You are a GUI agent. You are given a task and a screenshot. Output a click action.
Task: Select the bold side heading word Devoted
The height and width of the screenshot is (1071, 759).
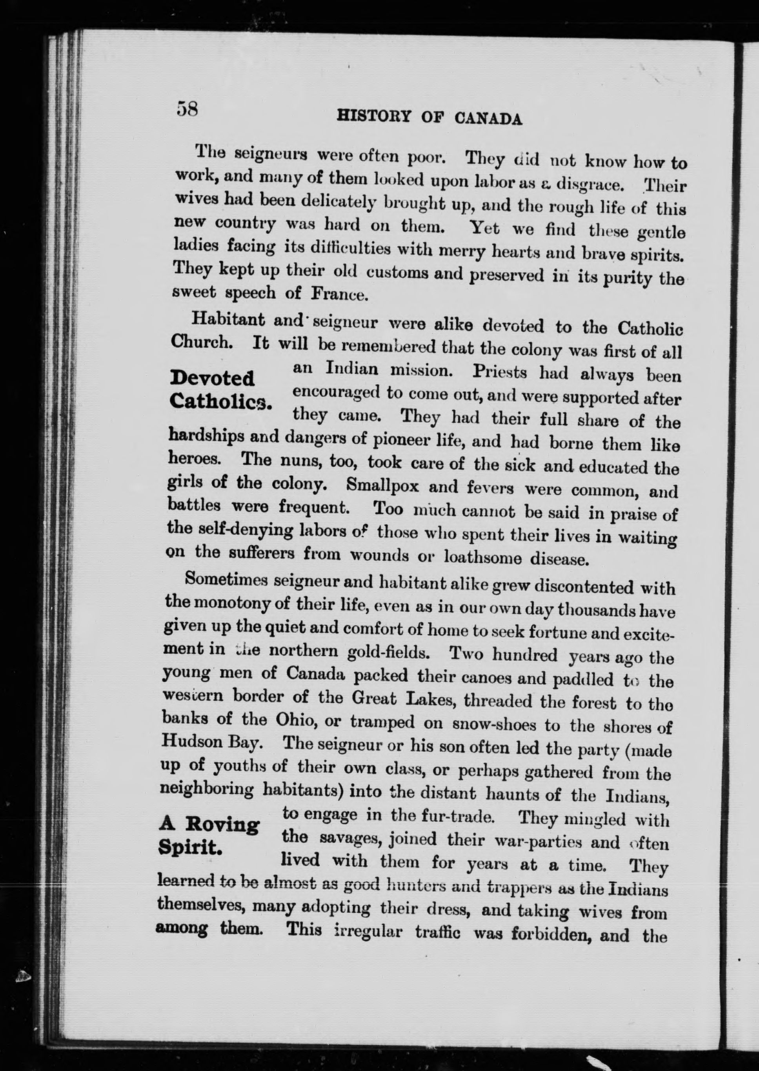pyautogui.click(x=213, y=378)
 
